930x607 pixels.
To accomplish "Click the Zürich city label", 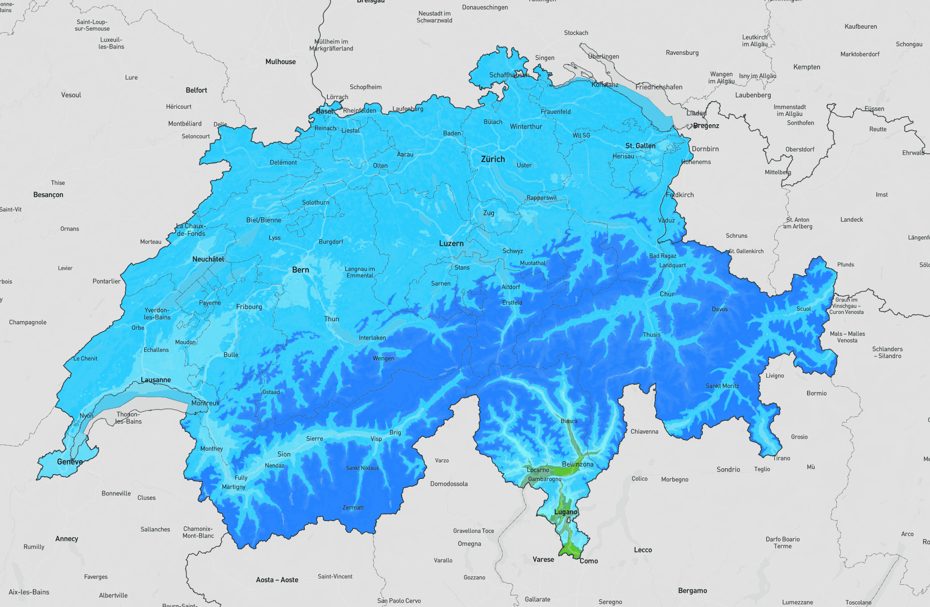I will pos(493,159).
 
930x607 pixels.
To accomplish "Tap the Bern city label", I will pos(300,270).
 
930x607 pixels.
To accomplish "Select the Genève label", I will pos(69,461).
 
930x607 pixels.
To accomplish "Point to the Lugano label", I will pos(566,512).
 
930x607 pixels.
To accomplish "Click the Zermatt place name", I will pos(353,508).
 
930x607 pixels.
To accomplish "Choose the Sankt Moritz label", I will pos(722,386).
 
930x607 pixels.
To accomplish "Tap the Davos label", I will pos(719,309).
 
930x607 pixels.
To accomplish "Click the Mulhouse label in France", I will pos(280,62).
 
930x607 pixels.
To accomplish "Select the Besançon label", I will pos(48,195).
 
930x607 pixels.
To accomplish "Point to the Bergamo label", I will pos(692,591).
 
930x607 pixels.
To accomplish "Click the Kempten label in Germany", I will pos(807,67).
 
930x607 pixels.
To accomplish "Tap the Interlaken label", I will pos(372,338).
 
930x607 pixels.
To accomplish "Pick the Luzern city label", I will pos(451,244).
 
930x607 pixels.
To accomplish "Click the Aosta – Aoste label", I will pos(277,580).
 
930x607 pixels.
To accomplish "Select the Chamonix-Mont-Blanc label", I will pos(198,532).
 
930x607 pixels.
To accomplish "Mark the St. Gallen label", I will pos(640,146).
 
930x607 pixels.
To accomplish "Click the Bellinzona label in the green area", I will pos(578,464).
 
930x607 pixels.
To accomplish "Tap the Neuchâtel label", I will pos(208,259).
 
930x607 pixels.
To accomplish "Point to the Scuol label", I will pos(803,309).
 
